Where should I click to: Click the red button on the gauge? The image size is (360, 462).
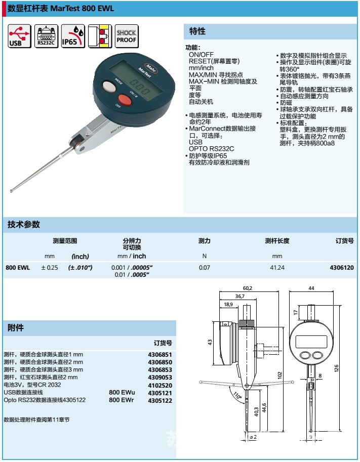pyautogui.click(x=125, y=99)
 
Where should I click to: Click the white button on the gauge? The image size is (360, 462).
pyautogui.click(x=109, y=87)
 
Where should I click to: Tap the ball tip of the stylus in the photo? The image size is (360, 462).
pyautogui.click(x=12, y=191)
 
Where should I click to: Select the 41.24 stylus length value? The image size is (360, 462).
pyautogui.click(x=277, y=267)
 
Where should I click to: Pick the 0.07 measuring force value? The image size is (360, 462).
pyautogui.click(x=204, y=267)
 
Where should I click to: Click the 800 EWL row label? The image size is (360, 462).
pyautogui.click(x=18, y=267)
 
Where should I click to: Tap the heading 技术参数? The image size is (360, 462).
pyautogui.click(x=23, y=225)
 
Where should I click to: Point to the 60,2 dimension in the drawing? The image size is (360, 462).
pyautogui.click(x=247, y=288)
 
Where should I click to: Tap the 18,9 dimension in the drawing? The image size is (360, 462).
pyautogui.click(x=228, y=304)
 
